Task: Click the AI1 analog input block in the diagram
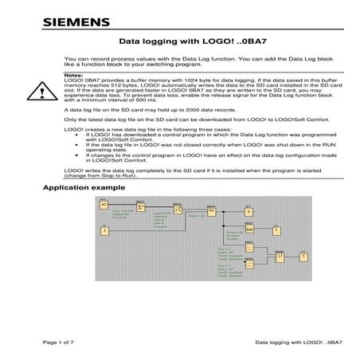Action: (x=104, y=205)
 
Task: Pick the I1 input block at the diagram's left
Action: (x=104, y=230)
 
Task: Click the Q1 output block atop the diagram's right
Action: (x=248, y=211)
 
